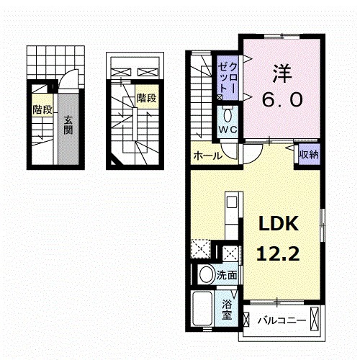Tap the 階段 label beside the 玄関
[x=42, y=109]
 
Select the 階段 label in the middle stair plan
[x=146, y=97]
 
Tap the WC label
[x=228, y=130]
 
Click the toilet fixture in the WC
[x=228, y=114]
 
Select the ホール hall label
[x=206, y=155]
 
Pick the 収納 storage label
[x=309, y=154]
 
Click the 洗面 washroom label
[x=230, y=275]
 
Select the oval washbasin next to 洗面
[x=205, y=274]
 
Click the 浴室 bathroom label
[x=227, y=308]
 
